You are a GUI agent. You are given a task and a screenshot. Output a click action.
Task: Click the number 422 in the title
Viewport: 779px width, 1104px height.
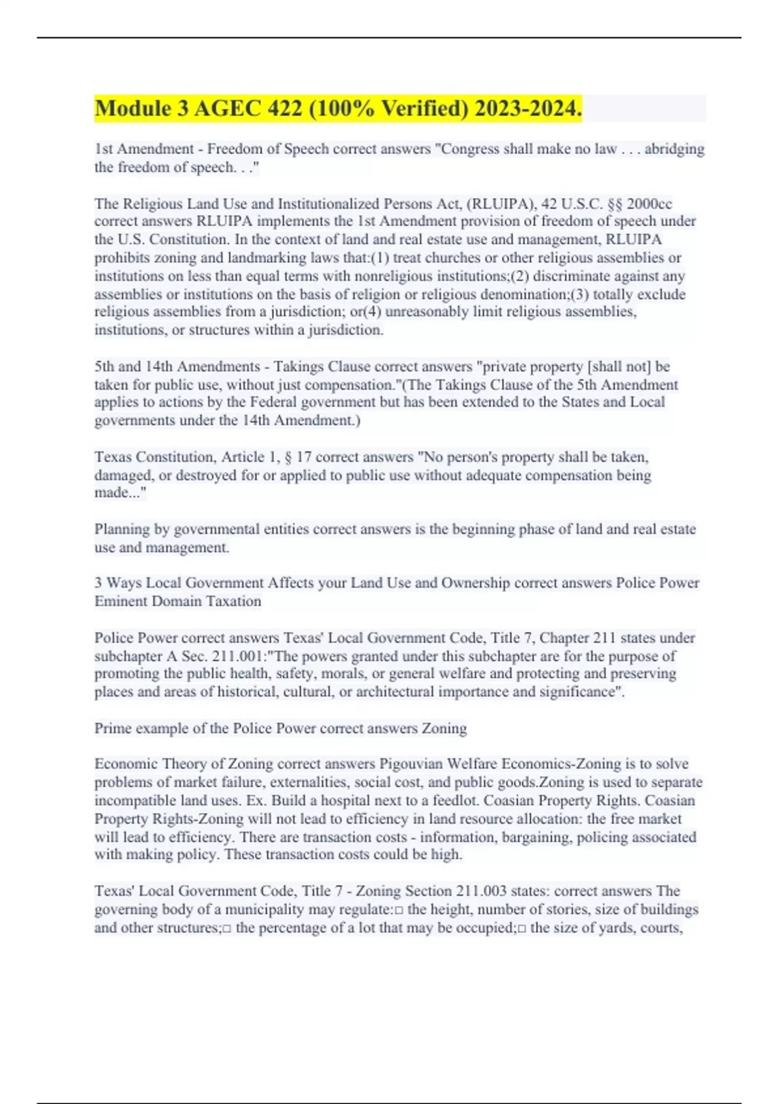point(284,108)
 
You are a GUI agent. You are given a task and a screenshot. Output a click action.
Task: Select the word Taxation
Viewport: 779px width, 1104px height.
point(233,601)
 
